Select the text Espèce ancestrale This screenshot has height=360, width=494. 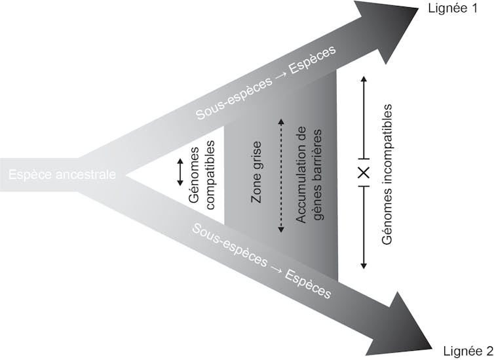coord(63,175)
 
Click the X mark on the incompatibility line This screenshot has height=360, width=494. coord(364,172)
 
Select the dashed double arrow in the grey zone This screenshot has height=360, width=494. coord(280,175)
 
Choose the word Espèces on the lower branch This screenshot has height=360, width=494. coord(307,283)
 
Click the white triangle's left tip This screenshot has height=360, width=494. coord(127,175)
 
